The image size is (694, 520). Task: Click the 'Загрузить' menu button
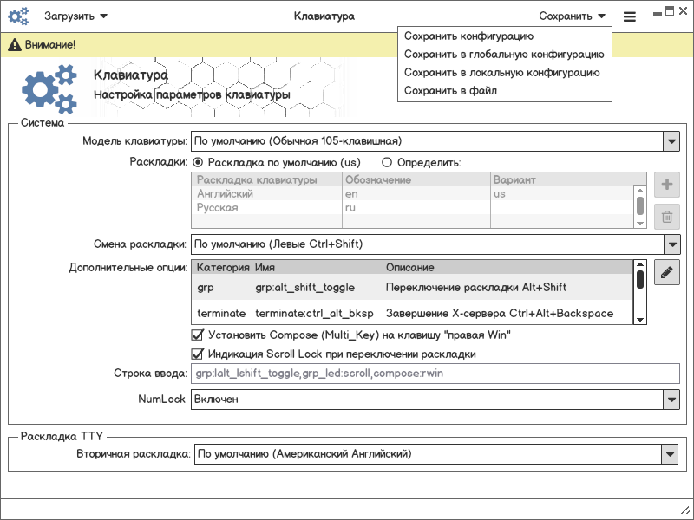click(x=75, y=16)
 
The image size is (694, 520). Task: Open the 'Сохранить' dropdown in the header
click(x=572, y=16)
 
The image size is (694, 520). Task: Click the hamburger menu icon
click(x=630, y=16)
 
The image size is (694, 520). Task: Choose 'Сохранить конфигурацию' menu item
click(x=468, y=36)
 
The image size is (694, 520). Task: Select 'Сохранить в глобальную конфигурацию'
click(x=503, y=55)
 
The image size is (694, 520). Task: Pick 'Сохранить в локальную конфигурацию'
click(x=501, y=73)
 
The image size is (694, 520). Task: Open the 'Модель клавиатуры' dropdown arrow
click(x=671, y=141)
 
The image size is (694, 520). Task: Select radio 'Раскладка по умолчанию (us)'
click(x=198, y=162)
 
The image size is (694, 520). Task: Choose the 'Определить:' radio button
click(x=387, y=162)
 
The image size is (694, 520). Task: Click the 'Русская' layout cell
click(x=217, y=208)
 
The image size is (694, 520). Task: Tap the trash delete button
click(x=666, y=217)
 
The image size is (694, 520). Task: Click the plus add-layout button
click(x=666, y=184)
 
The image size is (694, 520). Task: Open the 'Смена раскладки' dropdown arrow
click(x=671, y=244)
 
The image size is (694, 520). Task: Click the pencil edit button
click(x=666, y=272)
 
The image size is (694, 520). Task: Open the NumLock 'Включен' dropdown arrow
click(x=671, y=399)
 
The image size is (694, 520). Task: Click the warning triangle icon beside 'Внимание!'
click(x=15, y=44)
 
